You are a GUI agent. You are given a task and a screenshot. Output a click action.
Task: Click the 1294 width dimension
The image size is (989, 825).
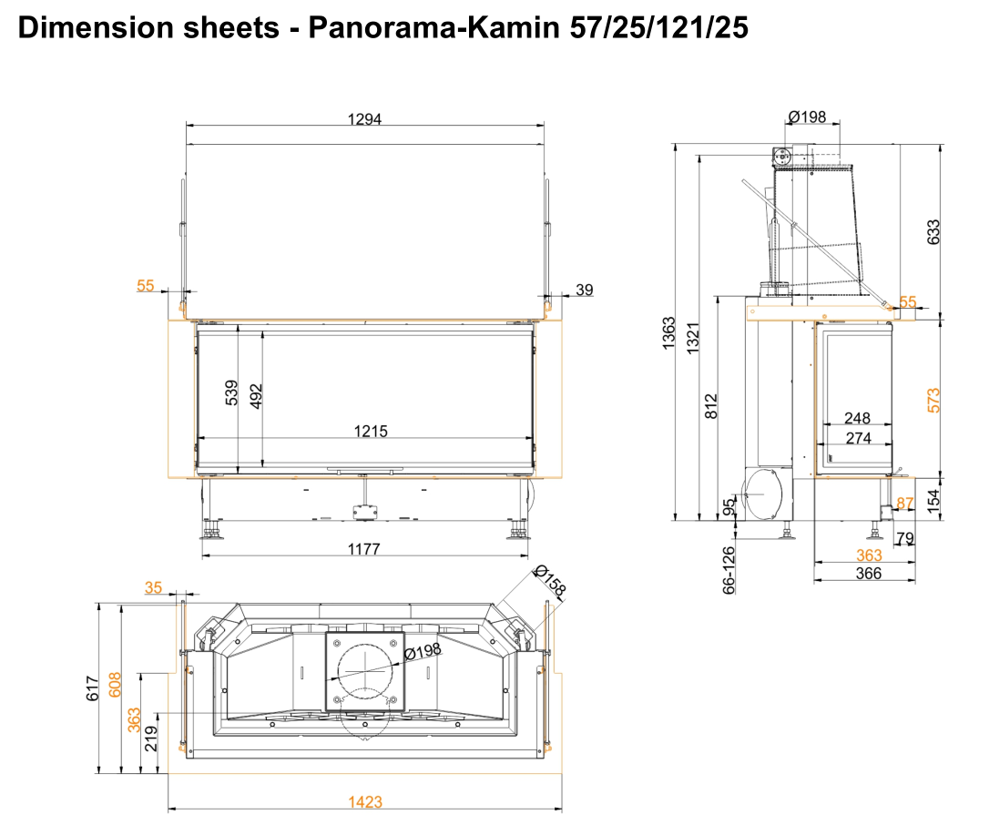364,118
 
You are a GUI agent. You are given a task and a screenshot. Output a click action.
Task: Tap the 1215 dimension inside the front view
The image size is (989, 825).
371,431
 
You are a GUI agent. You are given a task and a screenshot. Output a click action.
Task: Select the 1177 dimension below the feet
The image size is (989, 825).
363,549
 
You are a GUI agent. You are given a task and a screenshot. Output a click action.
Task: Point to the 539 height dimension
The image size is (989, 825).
231,392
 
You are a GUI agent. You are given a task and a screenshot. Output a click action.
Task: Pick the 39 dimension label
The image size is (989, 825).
585,290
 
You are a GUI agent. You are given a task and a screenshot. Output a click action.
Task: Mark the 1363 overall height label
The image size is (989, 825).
669,334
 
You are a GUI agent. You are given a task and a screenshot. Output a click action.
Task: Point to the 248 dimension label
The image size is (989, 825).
857,419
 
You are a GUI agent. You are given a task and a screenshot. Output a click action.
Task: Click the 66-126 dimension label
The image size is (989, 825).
729,569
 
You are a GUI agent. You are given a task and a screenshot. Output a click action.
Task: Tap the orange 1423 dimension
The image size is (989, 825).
365,803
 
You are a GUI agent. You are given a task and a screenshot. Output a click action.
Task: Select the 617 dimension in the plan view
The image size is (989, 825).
92,688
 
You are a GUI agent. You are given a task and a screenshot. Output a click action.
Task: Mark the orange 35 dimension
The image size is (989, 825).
154,588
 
